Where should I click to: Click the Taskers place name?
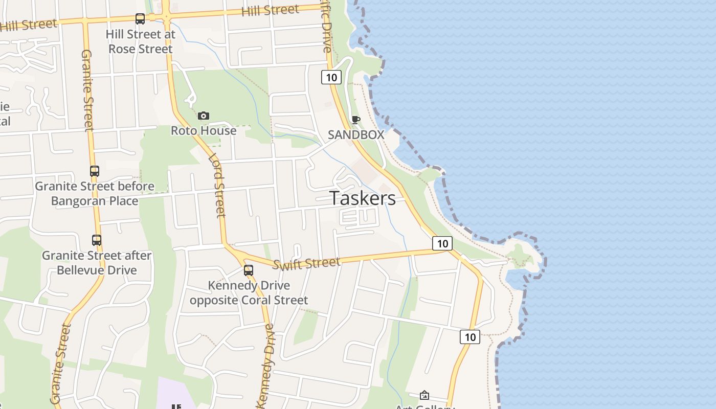pyautogui.click(x=363, y=198)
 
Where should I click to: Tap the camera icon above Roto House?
pyautogui.click(x=204, y=116)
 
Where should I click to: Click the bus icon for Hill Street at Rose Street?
pyautogui.click(x=140, y=19)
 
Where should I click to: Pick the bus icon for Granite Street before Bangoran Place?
pyautogui.click(x=95, y=171)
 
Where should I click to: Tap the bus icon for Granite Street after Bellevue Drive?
pyautogui.click(x=97, y=240)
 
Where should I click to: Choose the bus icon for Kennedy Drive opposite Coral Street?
pyautogui.click(x=249, y=270)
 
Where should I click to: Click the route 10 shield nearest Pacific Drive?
pyautogui.click(x=331, y=77)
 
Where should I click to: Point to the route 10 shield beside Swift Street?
pyautogui.click(x=442, y=243)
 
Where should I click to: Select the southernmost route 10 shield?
pyautogui.click(x=470, y=337)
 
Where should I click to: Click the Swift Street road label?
pyautogui.click(x=306, y=264)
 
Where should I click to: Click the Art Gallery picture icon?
pyautogui.click(x=424, y=395)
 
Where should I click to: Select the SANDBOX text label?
pyautogui.click(x=356, y=135)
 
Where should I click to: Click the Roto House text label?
pyautogui.click(x=204, y=131)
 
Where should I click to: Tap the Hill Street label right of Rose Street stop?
pyautogui.click(x=270, y=10)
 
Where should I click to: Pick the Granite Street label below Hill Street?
pyautogui.click(x=87, y=89)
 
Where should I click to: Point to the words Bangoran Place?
pyautogui.click(x=95, y=201)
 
